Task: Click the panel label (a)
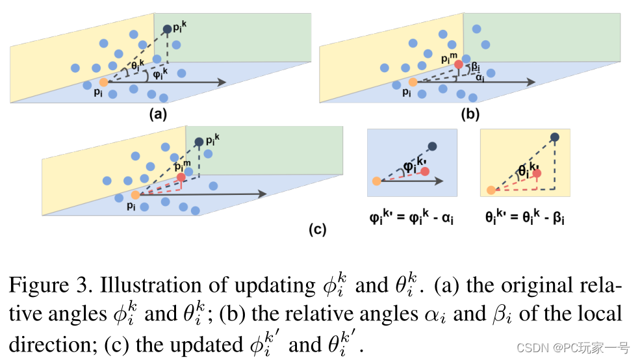click(x=159, y=115)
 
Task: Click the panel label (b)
click(x=470, y=115)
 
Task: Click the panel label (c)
click(x=316, y=229)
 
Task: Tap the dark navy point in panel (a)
click(x=168, y=29)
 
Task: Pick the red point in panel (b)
click(x=459, y=64)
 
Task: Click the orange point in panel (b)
click(x=413, y=83)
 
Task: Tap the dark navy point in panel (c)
click(x=199, y=142)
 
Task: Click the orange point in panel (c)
click(x=135, y=195)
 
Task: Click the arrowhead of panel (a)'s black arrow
click(x=222, y=82)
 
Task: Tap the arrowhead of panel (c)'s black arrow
click(x=262, y=194)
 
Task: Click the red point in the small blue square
click(x=425, y=171)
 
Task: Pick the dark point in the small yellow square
click(x=555, y=137)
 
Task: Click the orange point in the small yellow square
click(x=491, y=190)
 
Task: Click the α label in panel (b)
click(x=480, y=77)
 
